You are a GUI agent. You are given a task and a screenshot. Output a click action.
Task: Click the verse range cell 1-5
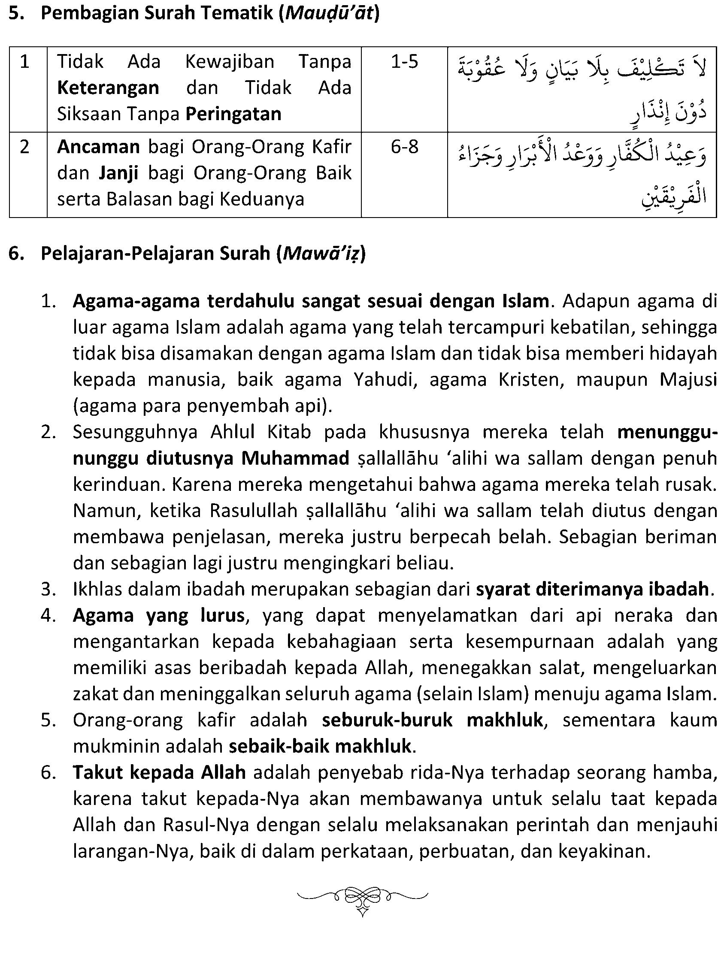click(404, 62)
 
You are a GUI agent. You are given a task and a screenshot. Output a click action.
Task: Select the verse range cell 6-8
click(404, 147)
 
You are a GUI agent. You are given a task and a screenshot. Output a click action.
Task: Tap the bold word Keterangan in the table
click(108, 88)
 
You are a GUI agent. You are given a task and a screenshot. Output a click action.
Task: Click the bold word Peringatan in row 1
click(233, 114)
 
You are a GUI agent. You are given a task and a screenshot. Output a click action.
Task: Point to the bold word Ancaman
click(98, 147)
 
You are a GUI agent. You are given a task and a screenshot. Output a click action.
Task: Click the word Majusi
click(688, 380)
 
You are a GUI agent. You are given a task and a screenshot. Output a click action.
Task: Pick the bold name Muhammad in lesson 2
click(295, 459)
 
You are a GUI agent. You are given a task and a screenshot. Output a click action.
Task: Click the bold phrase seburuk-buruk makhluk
click(432, 720)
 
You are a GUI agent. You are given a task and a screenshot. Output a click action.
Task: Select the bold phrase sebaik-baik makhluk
click(320, 747)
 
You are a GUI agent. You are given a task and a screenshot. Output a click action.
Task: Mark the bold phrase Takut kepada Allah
click(159, 773)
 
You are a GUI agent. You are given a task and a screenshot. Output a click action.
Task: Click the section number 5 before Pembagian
click(15, 13)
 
